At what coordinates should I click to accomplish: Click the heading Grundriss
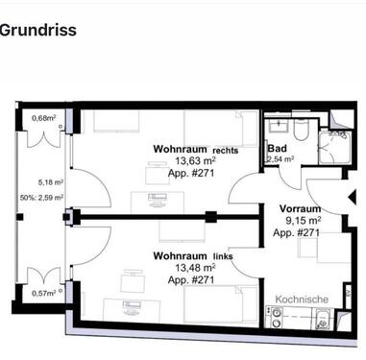[37, 30]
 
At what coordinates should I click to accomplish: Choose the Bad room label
[278, 149]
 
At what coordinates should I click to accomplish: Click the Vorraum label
[299, 208]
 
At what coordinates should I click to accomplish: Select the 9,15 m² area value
[299, 220]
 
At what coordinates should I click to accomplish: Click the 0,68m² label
[42, 118]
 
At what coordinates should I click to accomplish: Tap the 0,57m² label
[42, 294]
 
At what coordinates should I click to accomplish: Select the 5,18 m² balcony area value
[51, 181]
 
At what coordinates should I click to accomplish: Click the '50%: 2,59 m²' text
[41, 198]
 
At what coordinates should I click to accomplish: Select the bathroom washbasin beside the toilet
[276, 129]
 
